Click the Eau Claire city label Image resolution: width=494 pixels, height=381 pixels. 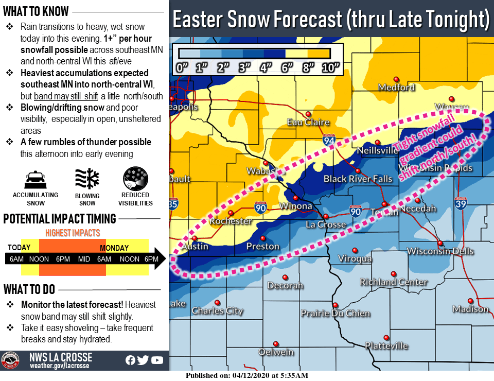point(308,123)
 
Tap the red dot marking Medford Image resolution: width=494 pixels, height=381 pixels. point(396,79)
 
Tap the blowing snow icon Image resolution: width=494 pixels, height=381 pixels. point(86,179)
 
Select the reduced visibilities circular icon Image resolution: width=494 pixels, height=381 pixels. point(135,179)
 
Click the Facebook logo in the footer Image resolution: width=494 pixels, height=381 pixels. point(131,360)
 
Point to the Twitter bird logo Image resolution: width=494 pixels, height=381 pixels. point(144,360)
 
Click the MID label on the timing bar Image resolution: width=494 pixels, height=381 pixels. point(84,259)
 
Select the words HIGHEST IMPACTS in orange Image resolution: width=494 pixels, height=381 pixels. point(73,233)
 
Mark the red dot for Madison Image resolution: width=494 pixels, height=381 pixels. point(470,301)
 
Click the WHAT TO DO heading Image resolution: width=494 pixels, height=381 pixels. point(29,289)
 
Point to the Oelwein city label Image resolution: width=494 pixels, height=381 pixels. point(276,352)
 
